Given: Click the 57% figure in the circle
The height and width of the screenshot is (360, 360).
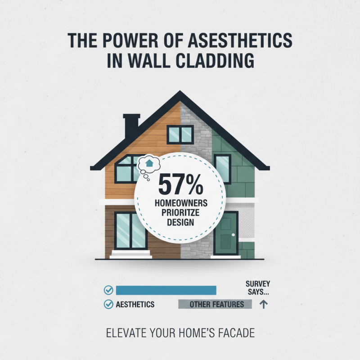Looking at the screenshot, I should [x=180, y=184].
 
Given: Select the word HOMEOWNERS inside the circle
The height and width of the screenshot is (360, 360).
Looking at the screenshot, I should [x=179, y=204].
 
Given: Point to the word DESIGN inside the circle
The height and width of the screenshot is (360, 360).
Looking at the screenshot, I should [x=179, y=223].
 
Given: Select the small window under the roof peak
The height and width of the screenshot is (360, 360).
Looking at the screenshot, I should [x=180, y=134].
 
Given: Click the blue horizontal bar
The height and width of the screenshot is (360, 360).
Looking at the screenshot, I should [x=166, y=290].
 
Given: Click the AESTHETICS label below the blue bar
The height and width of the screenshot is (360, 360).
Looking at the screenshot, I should [x=135, y=305].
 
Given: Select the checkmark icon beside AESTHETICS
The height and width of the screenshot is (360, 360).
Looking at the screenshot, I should [x=108, y=305].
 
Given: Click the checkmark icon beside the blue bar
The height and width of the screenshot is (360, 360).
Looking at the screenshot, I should [x=108, y=290].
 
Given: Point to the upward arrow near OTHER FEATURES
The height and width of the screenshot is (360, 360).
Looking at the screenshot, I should [x=264, y=304].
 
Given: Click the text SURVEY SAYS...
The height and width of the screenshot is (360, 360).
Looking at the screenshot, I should [x=258, y=288].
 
